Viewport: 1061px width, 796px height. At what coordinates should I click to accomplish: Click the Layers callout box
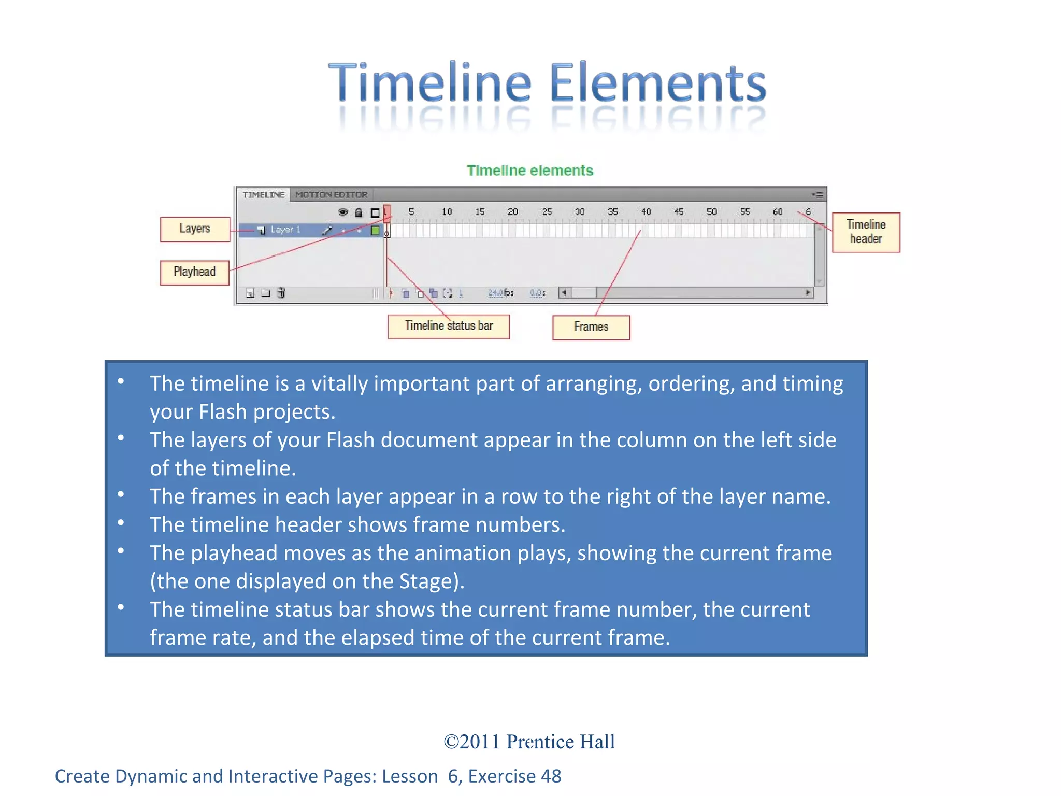point(195,229)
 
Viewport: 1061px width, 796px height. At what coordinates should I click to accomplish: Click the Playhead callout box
point(194,272)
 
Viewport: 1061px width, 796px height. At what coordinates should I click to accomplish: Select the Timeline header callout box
point(866,232)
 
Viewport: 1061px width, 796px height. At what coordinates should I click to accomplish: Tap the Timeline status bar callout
point(449,326)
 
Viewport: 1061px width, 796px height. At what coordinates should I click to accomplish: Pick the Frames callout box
point(591,328)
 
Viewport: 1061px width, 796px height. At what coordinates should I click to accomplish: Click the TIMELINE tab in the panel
point(264,195)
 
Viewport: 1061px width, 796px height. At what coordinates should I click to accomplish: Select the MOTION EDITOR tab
point(332,195)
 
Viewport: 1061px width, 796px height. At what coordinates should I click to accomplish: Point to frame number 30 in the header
point(580,212)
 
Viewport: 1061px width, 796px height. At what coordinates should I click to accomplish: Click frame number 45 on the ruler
point(679,212)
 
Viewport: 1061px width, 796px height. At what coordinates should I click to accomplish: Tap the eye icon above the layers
point(343,212)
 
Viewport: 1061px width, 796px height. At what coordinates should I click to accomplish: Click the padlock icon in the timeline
point(359,213)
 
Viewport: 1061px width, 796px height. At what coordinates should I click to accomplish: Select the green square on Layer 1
point(375,231)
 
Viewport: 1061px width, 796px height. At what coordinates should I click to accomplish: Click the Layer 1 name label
point(285,230)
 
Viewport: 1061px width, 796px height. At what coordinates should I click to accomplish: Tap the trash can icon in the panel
point(281,293)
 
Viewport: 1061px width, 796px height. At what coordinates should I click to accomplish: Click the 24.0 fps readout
point(500,293)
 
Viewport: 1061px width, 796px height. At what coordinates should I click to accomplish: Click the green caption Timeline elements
point(529,170)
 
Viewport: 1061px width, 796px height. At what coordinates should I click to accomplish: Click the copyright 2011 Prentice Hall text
point(529,742)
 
